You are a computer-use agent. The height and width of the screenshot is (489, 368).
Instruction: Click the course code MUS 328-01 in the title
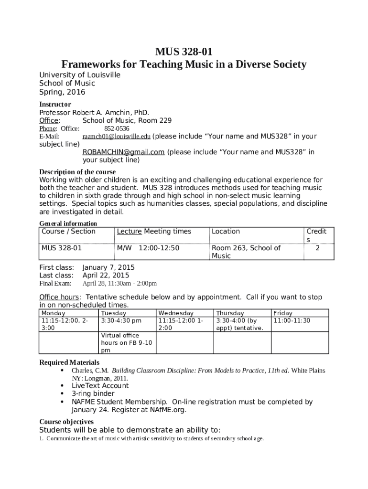[x=184, y=52]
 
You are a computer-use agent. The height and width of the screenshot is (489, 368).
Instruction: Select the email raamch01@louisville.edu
[x=117, y=137]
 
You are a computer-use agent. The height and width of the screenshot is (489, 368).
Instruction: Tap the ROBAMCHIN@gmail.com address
[x=123, y=152]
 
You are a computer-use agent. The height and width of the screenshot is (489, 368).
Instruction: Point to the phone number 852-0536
[x=117, y=128]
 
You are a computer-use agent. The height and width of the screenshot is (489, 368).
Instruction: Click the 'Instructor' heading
[x=55, y=104]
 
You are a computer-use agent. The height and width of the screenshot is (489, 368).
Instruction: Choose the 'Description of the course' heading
[x=77, y=172]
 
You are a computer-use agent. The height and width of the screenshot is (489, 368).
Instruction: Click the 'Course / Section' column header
[x=68, y=232]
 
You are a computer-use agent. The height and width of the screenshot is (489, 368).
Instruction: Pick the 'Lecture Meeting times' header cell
[x=154, y=232]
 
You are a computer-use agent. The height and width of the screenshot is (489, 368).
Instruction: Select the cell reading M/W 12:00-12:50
[x=148, y=248]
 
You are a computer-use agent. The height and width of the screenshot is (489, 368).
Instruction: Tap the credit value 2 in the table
[x=317, y=248]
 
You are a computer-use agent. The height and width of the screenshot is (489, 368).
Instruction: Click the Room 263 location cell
[x=246, y=252]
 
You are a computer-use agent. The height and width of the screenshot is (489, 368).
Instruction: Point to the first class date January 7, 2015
[x=108, y=267]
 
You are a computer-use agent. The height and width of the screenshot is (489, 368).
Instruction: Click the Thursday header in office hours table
[x=230, y=313]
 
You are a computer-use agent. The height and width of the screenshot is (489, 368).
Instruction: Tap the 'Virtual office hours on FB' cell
[x=127, y=343]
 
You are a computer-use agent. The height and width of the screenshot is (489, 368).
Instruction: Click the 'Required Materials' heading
[x=69, y=362]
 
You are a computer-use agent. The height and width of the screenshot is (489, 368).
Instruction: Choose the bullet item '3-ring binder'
[x=93, y=393]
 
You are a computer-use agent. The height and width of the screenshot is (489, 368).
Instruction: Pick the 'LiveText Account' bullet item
[x=100, y=386]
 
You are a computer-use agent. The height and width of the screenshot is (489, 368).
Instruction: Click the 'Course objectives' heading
[x=66, y=422]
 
